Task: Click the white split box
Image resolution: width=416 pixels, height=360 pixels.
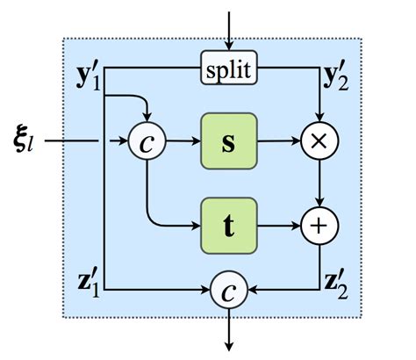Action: pyautogui.click(x=228, y=69)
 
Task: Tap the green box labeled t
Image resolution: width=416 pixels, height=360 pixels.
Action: pyautogui.click(x=228, y=225)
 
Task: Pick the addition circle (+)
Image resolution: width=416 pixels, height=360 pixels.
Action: pyautogui.click(x=319, y=225)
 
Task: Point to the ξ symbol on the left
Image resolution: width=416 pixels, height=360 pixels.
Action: pyautogui.click(x=26, y=139)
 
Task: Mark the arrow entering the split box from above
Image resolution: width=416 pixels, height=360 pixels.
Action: pyautogui.click(x=228, y=31)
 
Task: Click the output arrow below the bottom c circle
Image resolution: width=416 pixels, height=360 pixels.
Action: pyautogui.click(x=229, y=329)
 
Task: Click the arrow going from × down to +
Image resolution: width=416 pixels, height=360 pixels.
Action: pyautogui.click(x=319, y=182)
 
